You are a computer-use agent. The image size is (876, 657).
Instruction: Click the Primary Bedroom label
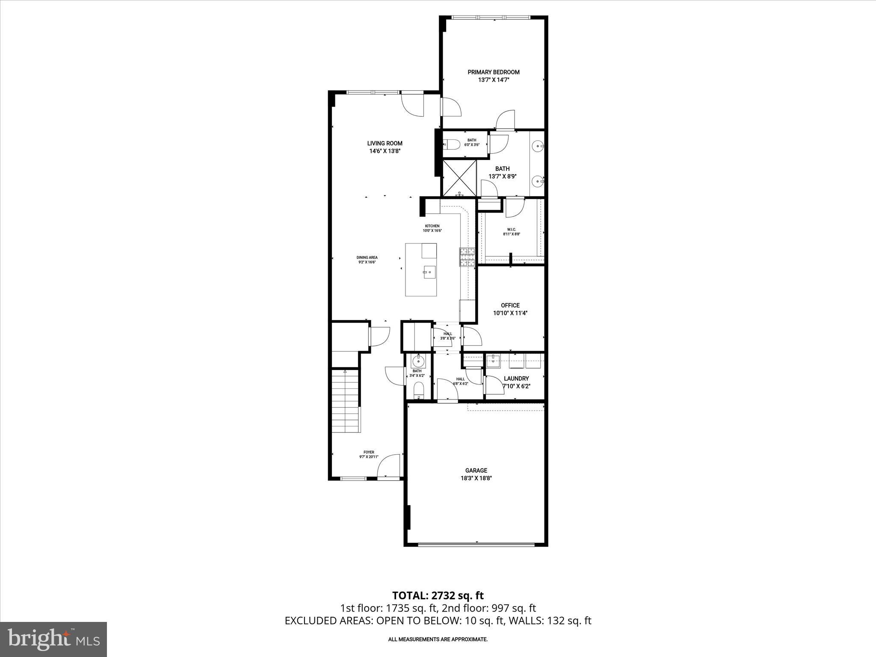pyautogui.click(x=493, y=72)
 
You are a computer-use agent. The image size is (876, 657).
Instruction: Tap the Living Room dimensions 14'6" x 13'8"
pyautogui.click(x=385, y=151)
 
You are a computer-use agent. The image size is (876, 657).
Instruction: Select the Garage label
pyautogui.click(x=476, y=471)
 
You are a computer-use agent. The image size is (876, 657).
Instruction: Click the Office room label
pyautogui.click(x=510, y=305)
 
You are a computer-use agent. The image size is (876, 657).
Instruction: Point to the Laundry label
pyautogui.click(x=516, y=379)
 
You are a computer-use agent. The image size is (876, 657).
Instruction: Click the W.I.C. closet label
pyautogui.click(x=511, y=230)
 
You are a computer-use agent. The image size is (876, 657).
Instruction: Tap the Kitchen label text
pyautogui.click(x=432, y=226)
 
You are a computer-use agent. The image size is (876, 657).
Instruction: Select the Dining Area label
pyautogui.click(x=367, y=257)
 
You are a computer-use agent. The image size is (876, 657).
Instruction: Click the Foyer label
pyautogui.click(x=369, y=452)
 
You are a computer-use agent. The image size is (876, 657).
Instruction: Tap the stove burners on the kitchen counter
pyautogui.click(x=467, y=257)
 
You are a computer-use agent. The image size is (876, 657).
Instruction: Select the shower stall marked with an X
pyautogui.click(x=459, y=178)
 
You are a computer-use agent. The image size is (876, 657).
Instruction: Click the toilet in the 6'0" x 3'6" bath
pyautogui.click(x=451, y=145)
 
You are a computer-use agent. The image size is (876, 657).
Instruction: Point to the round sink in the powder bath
pyautogui.click(x=417, y=361)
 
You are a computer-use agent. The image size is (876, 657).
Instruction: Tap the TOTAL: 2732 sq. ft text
pyautogui.click(x=438, y=595)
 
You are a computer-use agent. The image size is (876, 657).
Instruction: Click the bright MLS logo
pyautogui.click(x=53, y=639)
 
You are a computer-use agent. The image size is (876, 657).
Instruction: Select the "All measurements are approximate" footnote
pyautogui.click(x=438, y=639)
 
